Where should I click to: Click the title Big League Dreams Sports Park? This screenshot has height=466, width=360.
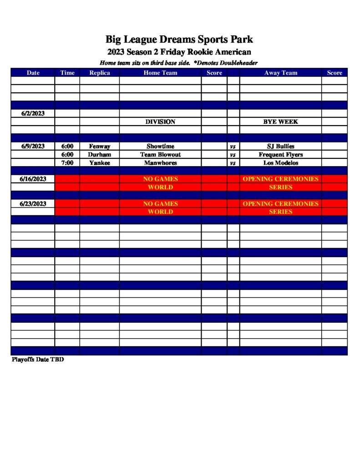(179, 39)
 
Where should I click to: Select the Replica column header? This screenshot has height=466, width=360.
(99, 73)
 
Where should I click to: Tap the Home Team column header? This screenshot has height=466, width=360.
(160, 73)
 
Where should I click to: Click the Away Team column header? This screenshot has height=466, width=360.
(280, 73)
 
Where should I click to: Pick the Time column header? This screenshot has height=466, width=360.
(67, 73)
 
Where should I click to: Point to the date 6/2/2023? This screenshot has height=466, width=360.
(33, 113)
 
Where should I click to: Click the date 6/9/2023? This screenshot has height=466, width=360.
(33, 146)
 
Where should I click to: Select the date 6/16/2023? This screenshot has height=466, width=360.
(33, 179)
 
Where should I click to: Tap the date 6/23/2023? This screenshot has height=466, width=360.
(33, 203)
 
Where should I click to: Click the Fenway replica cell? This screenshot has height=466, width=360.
(99, 147)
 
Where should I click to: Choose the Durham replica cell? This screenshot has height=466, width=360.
(99, 155)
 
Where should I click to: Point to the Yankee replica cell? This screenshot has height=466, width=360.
(99, 163)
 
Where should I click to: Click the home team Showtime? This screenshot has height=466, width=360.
(160, 147)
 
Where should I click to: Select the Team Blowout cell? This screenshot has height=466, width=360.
(160, 155)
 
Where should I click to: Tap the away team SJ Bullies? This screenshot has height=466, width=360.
(280, 147)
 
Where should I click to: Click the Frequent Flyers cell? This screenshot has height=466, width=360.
(280, 155)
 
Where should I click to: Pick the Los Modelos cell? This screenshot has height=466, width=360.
(280, 163)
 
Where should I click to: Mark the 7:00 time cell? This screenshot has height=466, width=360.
(67, 163)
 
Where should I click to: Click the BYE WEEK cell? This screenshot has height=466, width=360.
(280, 122)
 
